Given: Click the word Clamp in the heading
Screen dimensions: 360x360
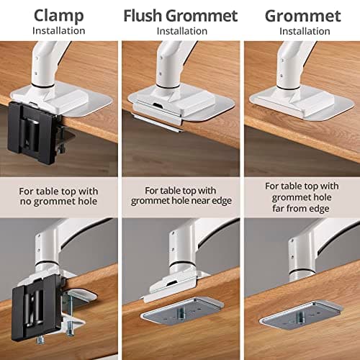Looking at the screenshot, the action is coord(59,16).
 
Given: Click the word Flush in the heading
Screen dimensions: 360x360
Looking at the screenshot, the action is coord(143,16).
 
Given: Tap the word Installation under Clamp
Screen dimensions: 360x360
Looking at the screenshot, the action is coord(59,31).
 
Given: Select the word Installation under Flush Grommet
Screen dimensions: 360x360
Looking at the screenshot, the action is coord(182,31).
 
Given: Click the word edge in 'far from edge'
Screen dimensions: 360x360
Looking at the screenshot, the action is coord(319,209).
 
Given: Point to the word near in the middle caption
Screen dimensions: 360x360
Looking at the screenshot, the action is coord(202,201).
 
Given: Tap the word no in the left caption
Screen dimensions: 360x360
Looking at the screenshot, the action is coord(26,202).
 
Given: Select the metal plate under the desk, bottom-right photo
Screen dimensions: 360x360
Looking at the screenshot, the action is coord(302,314).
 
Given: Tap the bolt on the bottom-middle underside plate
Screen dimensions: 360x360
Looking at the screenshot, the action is coord(181,312).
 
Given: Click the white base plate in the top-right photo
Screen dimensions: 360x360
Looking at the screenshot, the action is coord(302,103).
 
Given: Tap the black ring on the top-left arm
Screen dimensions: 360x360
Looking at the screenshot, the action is coord(43,84).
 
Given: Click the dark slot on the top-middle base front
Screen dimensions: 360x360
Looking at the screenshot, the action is coord(158,105).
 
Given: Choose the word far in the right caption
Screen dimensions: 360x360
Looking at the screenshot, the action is coord(278,208).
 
